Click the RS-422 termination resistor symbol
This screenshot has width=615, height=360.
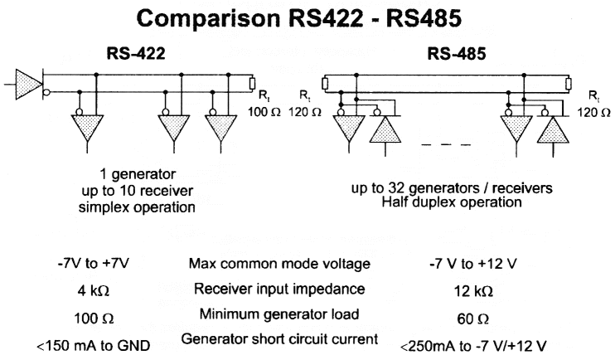pos(252,83)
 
